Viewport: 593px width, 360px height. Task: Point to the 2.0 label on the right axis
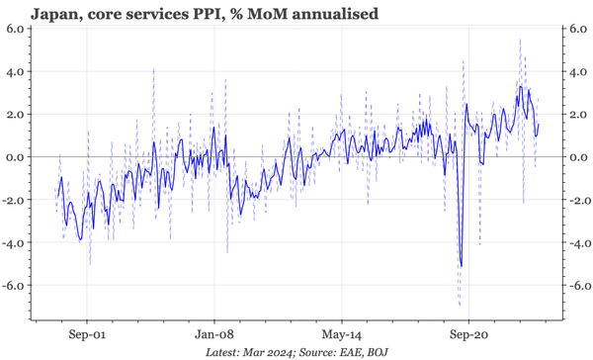click(573, 115)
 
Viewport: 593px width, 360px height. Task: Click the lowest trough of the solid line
click(461, 265)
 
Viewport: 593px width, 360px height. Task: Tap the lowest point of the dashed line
click(459, 304)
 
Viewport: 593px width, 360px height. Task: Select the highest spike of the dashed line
click(520, 40)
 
